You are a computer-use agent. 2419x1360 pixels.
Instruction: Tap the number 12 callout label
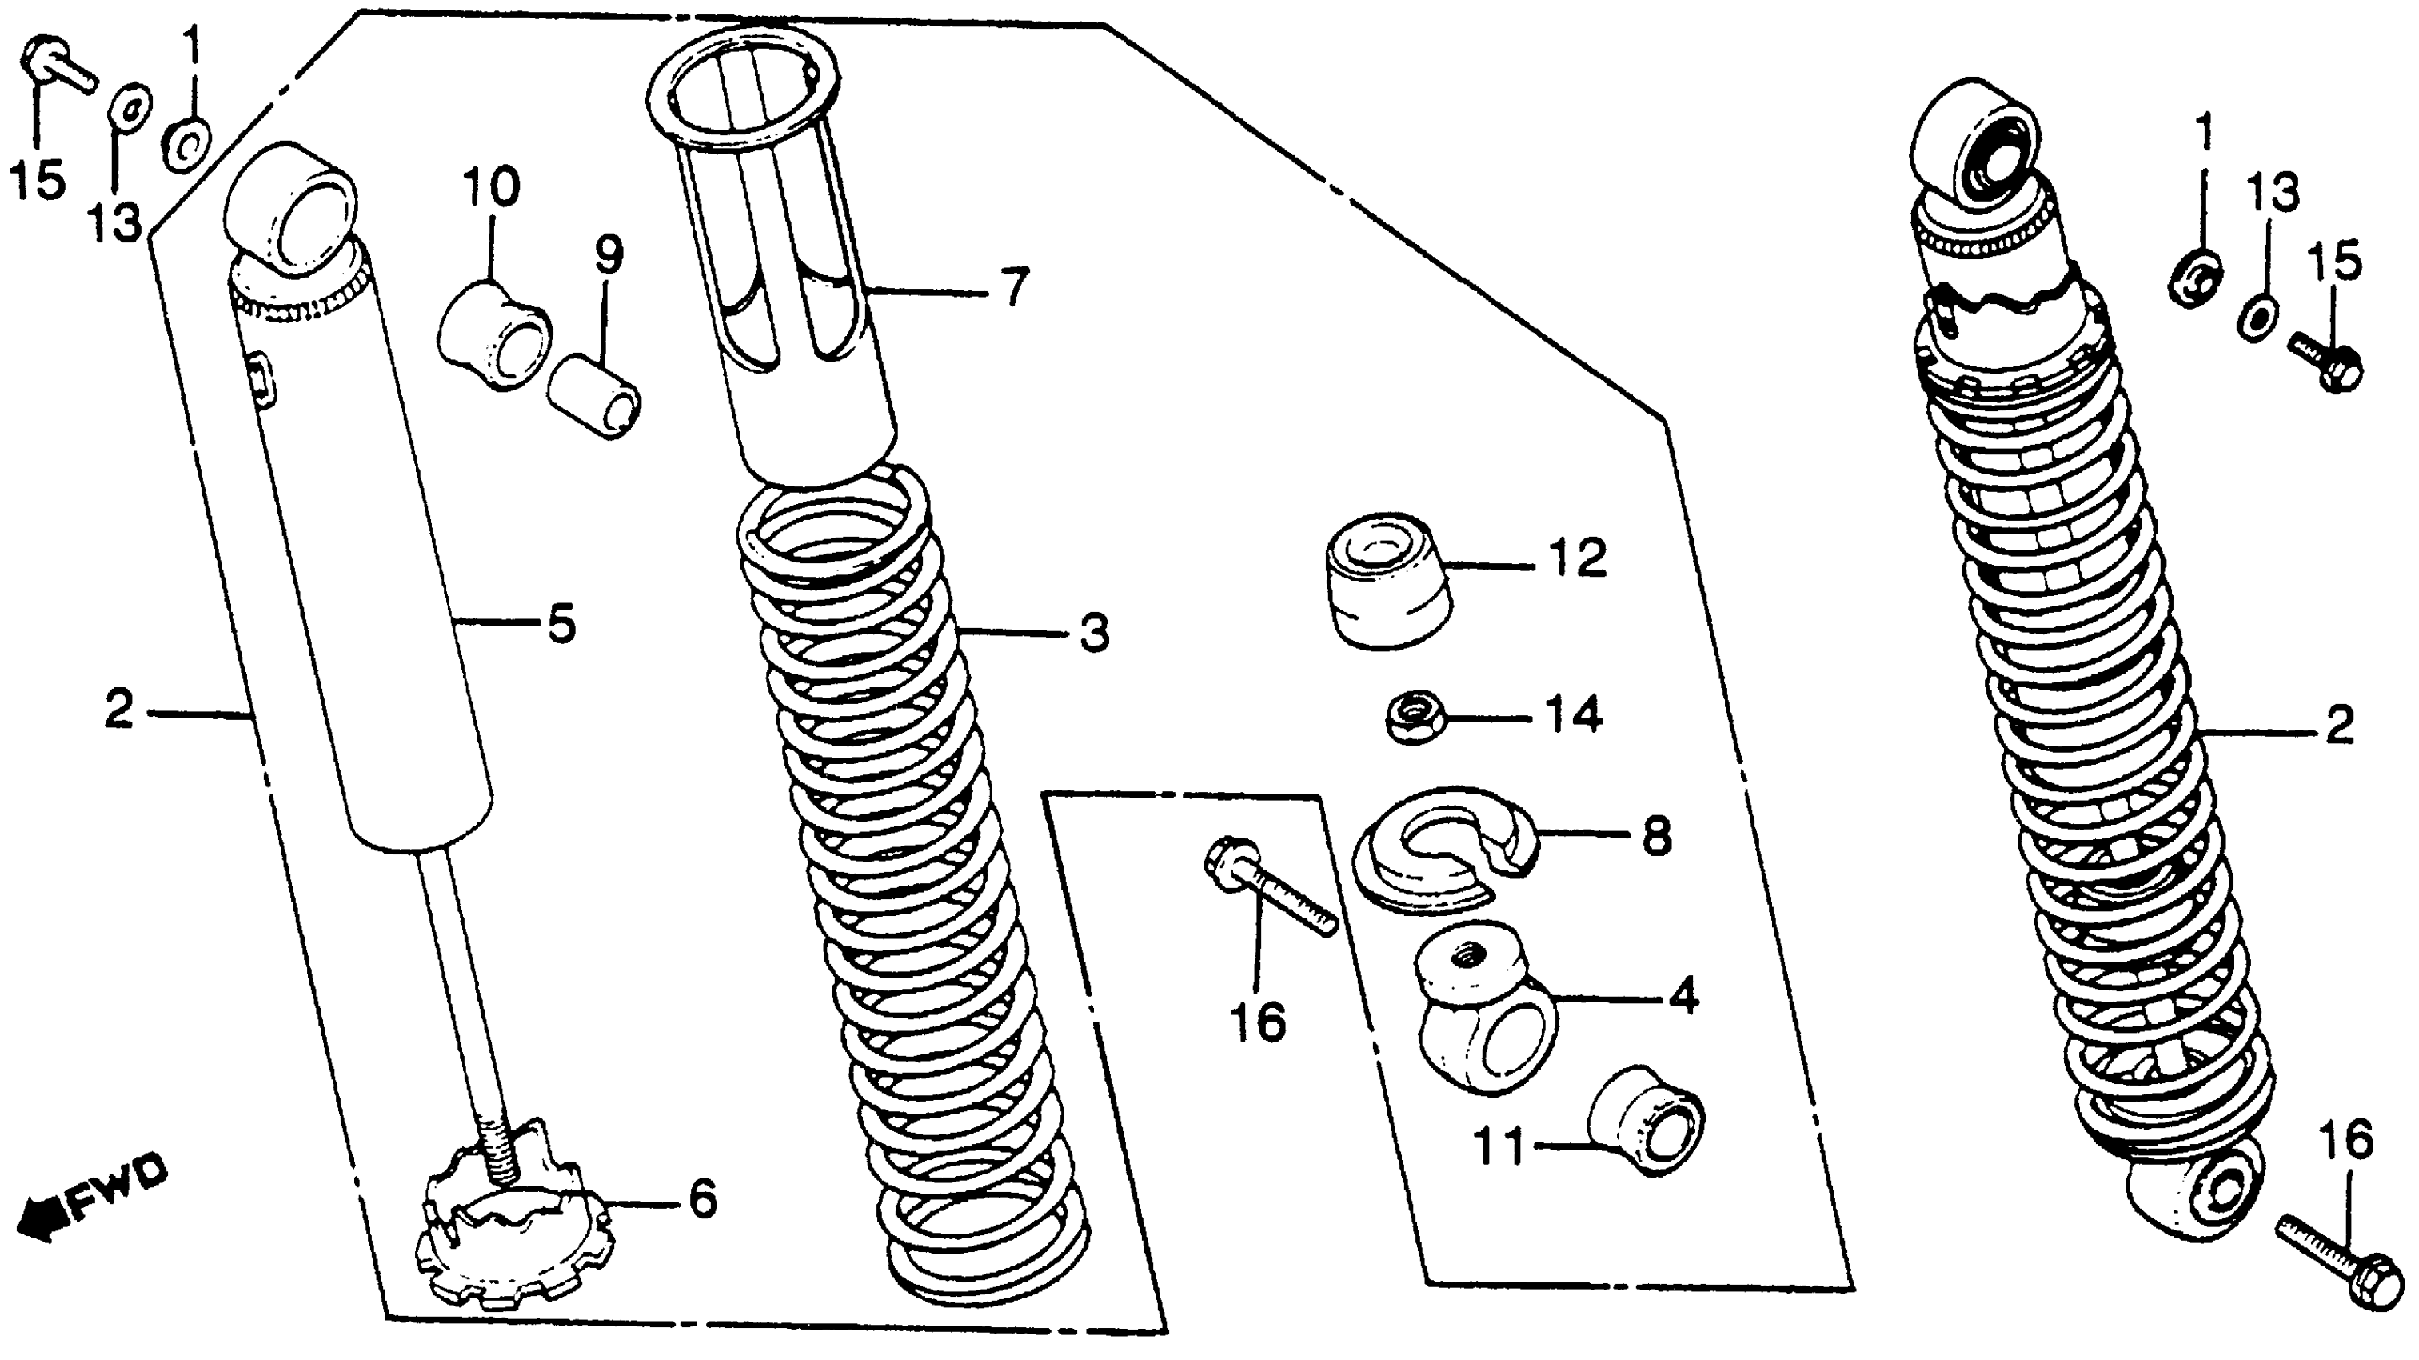1578,560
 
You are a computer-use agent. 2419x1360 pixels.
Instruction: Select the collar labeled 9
594,395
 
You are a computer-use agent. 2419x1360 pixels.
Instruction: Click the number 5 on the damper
561,625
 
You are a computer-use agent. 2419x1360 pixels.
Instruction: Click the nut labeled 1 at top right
2194,276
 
